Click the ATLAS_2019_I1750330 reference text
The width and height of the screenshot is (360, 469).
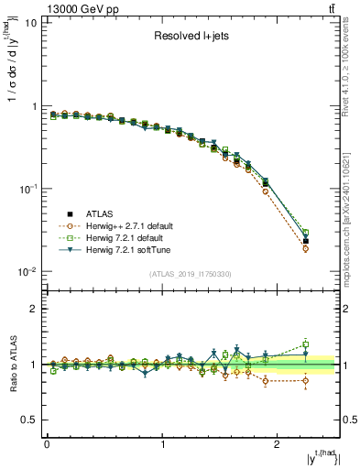click(x=191, y=274)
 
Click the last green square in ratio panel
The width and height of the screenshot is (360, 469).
click(x=306, y=345)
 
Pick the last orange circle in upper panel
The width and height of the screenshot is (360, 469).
click(x=306, y=248)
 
